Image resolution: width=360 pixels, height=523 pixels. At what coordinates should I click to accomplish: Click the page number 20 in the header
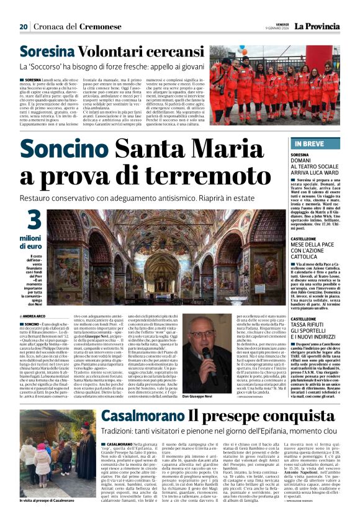pyautogui.click(x=23, y=27)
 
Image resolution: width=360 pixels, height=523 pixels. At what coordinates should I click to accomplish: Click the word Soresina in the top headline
pyautogui.click(x=46, y=52)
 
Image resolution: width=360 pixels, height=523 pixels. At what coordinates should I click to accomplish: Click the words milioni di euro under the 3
pyautogui.click(x=30, y=243)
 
